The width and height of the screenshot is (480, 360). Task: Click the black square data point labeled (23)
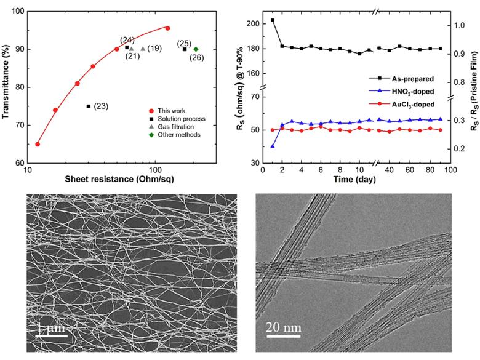pos(89,106)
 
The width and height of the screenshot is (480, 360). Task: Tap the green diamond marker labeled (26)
pos(196,49)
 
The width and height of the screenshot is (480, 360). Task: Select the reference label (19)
pos(154,49)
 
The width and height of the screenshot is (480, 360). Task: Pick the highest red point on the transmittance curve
pos(167,28)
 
